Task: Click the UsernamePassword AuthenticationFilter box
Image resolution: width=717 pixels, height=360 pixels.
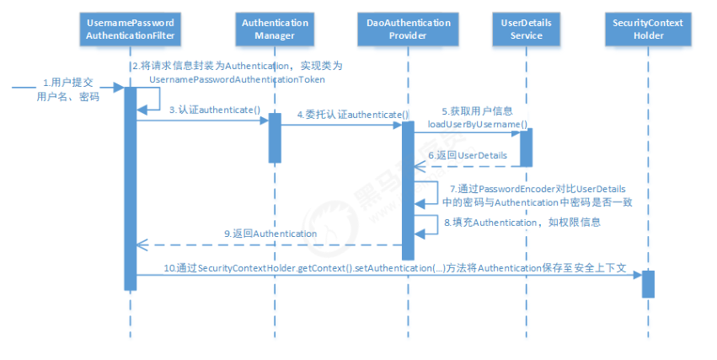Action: click(131, 30)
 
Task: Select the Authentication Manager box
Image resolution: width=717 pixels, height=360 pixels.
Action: click(274, 30)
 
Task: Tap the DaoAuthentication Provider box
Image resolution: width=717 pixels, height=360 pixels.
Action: click(408, 30)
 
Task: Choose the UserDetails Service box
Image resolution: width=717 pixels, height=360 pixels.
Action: click(526, 30)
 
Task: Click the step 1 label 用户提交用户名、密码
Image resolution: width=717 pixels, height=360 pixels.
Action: click(68, 90)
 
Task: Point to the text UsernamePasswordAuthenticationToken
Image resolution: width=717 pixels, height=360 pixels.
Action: click(237, 78)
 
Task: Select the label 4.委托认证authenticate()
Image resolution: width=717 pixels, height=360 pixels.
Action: click(352, 114)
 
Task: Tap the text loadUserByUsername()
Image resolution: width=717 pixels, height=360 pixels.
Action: click(477, 124)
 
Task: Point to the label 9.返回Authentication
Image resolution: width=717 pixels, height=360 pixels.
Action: click(270, 233)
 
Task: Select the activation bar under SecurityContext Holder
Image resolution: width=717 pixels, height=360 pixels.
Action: click(648, 283)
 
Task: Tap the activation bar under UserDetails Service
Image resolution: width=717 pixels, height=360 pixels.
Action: click(526, 147)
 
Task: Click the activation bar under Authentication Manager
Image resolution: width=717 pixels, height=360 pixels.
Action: click(275, 137)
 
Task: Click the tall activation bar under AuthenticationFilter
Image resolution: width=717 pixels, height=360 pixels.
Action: click(131, 185)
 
